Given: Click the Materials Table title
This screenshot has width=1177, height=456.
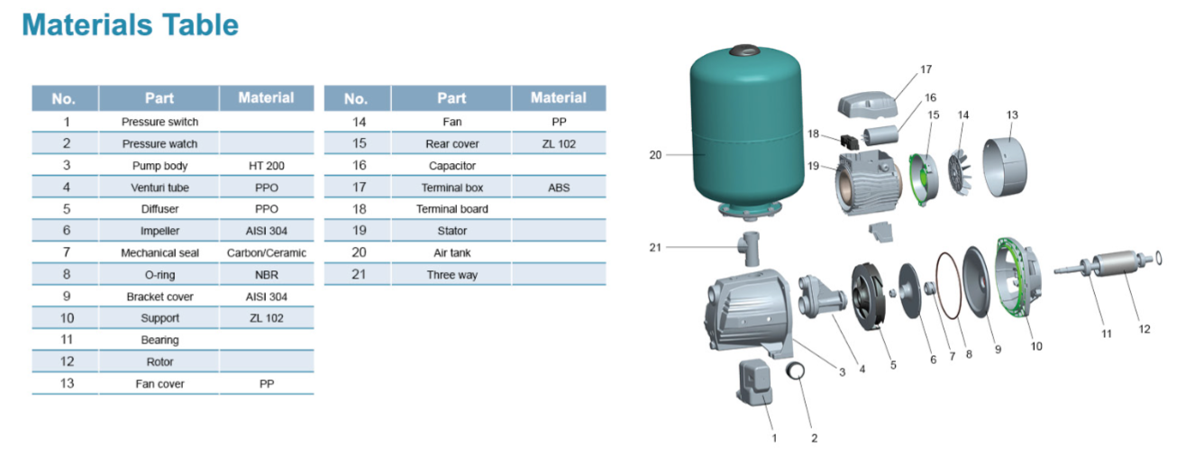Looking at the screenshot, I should point(131,24).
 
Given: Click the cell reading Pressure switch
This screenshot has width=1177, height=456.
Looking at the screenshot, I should point(160,122).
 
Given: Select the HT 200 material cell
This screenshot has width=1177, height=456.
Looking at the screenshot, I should point(266,166).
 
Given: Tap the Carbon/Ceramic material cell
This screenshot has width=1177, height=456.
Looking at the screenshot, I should point(266,253).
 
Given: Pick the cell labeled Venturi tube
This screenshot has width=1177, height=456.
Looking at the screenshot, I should point(160,187).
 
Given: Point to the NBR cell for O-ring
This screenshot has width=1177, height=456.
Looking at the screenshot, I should point(266,275).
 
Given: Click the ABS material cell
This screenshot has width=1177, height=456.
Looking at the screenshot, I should point(558,187).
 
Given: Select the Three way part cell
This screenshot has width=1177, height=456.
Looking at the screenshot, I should point(452,275).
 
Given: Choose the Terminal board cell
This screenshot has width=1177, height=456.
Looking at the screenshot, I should point(452,209).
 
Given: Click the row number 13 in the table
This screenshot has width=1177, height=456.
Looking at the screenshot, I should point(66,384).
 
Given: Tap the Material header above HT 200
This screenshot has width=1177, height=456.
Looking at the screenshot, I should point(266,97).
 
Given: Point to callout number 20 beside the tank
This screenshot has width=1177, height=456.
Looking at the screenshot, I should point(655,155).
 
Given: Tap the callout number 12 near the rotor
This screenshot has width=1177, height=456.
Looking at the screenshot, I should point(1144,329).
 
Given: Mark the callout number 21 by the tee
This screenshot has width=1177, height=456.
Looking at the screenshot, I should point(655,247).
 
